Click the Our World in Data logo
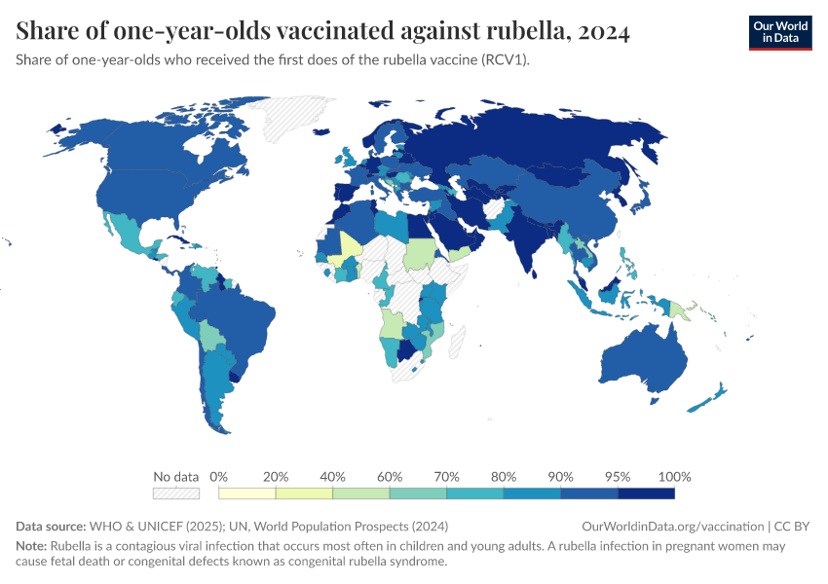779,31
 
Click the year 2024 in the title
603,31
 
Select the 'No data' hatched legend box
176,494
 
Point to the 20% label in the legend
276,477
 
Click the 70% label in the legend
447,477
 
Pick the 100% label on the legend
674,477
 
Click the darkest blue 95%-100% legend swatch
646,494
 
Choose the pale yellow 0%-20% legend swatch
247,494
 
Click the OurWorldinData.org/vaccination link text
672,527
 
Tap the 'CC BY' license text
793,527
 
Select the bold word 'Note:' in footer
32,546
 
